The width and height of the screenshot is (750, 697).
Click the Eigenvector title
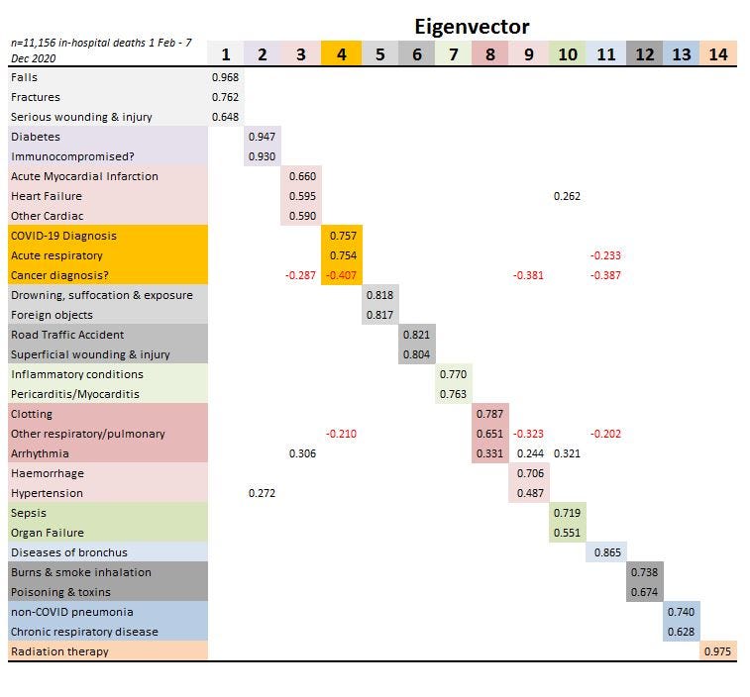click(471, 27)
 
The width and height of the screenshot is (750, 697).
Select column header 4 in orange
click(341, 54)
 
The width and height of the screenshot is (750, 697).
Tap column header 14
click(718, 54)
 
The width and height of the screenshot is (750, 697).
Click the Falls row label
click(25, 77)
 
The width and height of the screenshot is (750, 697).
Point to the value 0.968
click(225, 77)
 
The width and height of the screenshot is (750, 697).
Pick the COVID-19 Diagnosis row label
click(63, 236)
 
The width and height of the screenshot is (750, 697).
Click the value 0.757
click(341, 236)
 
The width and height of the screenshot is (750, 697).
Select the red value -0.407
click(341, 275)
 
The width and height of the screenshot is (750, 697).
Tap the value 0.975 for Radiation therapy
click(718, 651)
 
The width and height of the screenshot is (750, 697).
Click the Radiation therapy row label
click(59, 651)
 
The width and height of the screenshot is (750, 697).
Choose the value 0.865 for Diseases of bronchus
click(606, 552)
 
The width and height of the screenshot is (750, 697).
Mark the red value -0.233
click(605, 255)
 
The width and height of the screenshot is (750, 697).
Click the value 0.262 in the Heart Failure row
click(567, 196)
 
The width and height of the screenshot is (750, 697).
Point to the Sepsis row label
click(29, 513)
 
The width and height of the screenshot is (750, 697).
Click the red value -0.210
click(341, 434)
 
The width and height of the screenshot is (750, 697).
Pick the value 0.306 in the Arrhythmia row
click(302, 453)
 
